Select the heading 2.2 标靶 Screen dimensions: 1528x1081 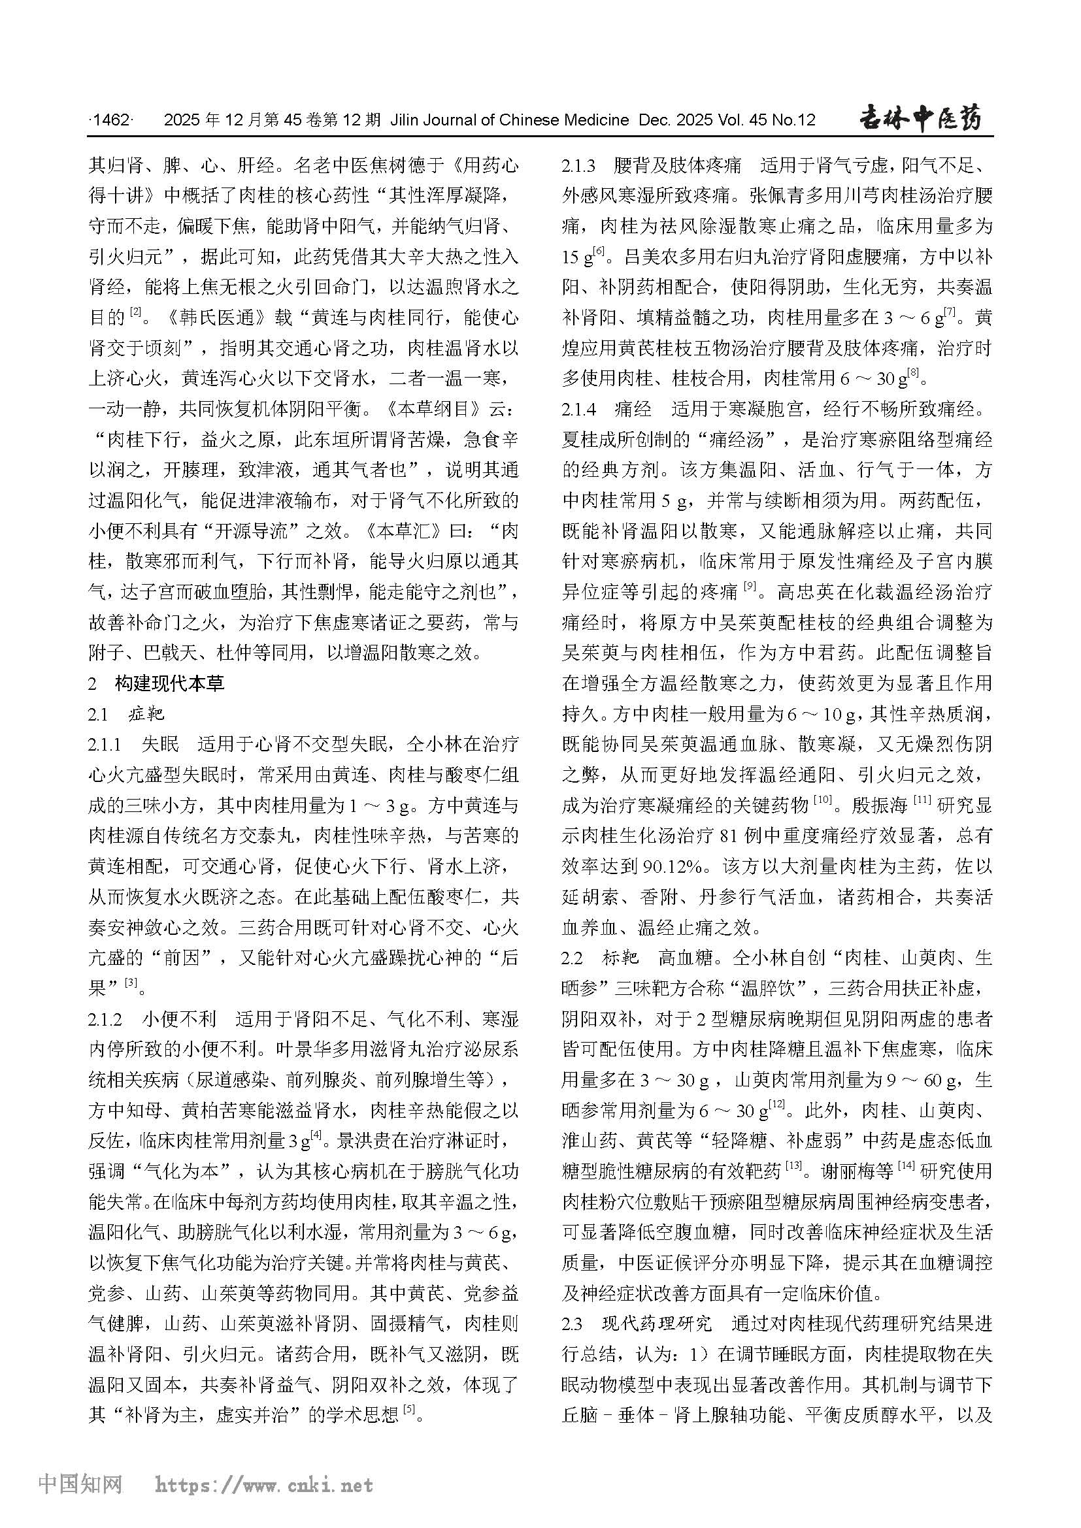point(601,958)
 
